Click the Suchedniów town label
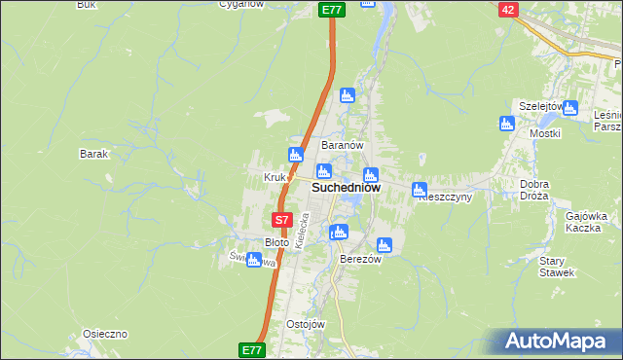tap(346, 187)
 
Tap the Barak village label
tap(93, 154)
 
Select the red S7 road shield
tap(281, 221)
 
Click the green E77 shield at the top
tap(332, 9)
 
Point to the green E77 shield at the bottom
tap(251, 347)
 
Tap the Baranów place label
tap(343, 145)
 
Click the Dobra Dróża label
tap(534, 190)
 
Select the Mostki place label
tap(543, 132)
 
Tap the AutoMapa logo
tap(560, 341)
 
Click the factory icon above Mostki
tap(506, 124)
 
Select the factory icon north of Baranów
tap(346, 95)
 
